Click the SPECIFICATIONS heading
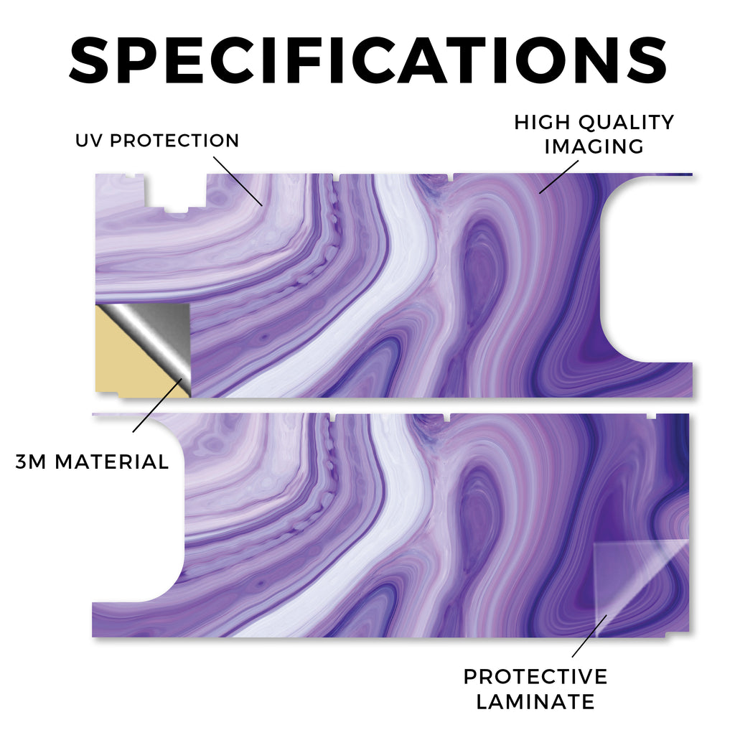368,60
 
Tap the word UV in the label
89,140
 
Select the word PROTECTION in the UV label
174,140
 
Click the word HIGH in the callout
542,122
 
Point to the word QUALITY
626,122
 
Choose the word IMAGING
594,146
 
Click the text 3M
31,462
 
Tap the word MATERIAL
111,462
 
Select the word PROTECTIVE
535,677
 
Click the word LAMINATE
535,702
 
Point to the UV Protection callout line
238,181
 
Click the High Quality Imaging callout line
558,177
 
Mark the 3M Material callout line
157,406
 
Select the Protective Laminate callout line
589,636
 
